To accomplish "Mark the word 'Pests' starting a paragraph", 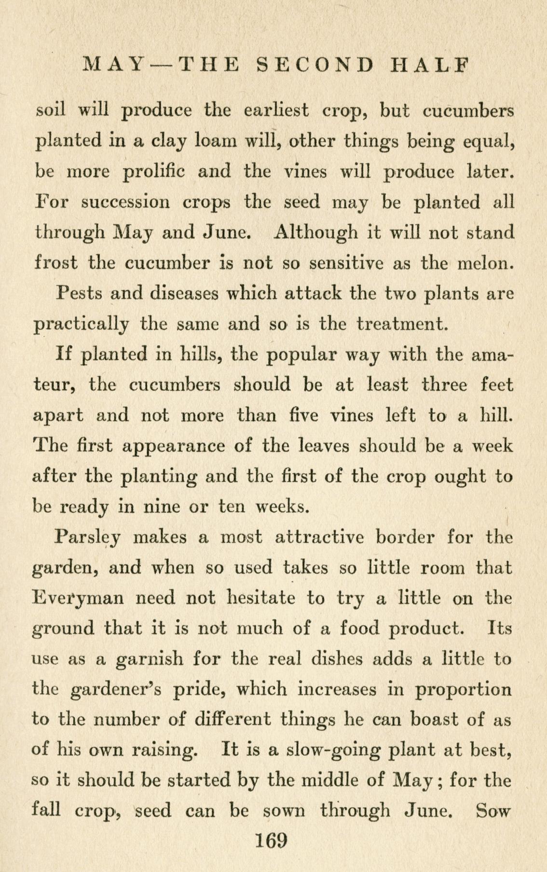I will point(79,293).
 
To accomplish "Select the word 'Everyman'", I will point(77,599).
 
